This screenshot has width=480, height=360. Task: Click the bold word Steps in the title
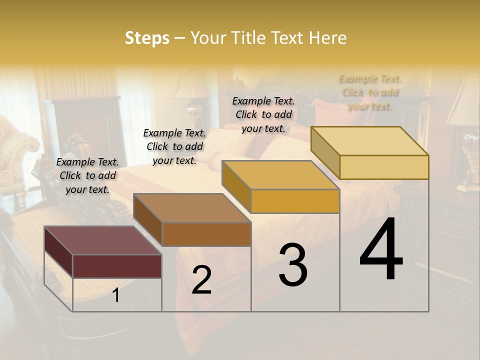tap(147, 38)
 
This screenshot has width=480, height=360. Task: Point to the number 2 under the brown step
tap(201, 280)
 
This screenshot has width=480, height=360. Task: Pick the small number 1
tap(115, 295)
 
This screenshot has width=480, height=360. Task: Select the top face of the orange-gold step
tap(280, 175)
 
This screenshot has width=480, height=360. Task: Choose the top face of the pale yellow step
tap(369, 141)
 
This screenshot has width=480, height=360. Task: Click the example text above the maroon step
tap(87, 175)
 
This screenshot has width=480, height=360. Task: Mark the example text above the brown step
tap(174, 146)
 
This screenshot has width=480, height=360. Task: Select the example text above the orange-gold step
tap(263, 114)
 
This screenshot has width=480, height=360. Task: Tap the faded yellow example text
tap(370, 92)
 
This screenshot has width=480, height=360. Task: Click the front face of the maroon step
tap(117, 266)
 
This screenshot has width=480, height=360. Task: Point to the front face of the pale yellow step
tap(384, 167)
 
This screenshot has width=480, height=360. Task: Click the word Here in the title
tap(328, 38)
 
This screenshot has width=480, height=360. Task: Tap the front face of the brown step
tap(206, 234)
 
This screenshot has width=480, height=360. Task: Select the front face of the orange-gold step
tap(295, 201)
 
